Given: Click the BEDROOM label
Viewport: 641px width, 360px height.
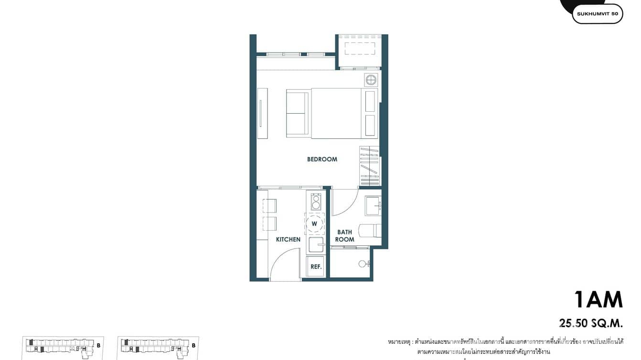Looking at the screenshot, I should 322,159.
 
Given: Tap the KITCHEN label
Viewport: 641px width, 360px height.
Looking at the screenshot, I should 288,239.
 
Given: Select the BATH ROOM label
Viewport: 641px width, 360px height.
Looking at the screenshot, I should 344,236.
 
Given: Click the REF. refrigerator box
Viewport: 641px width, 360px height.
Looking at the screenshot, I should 316,266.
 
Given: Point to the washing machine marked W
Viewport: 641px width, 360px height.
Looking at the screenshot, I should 314,223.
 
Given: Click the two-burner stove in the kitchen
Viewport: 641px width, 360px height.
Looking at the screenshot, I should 315,201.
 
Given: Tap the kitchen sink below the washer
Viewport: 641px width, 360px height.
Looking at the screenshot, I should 315,245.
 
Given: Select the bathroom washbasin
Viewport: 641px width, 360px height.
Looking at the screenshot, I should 373,205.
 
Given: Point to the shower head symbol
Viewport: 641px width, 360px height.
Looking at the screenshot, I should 363,263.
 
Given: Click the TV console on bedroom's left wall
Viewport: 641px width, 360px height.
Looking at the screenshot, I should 262,114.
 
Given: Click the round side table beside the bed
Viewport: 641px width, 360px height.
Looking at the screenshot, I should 371,79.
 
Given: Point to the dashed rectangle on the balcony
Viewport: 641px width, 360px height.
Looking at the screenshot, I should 360,49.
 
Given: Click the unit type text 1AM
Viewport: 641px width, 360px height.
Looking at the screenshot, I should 598,300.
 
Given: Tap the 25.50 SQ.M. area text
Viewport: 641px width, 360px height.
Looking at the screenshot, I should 591,323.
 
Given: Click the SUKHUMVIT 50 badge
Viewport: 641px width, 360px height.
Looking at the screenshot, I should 597,14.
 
